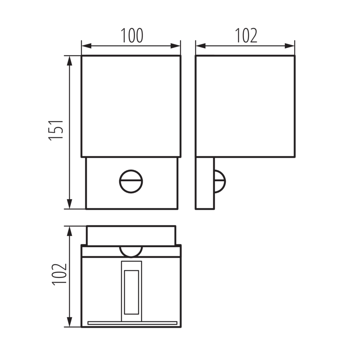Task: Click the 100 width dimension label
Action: tap(131, 36)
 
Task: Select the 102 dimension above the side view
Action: tap(246, 36)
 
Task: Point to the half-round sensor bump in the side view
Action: tap(220, 180)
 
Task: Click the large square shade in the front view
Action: tap(131, 106)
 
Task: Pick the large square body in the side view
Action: tap(245, 106)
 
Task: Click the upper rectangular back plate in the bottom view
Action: tap(131, 235)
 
